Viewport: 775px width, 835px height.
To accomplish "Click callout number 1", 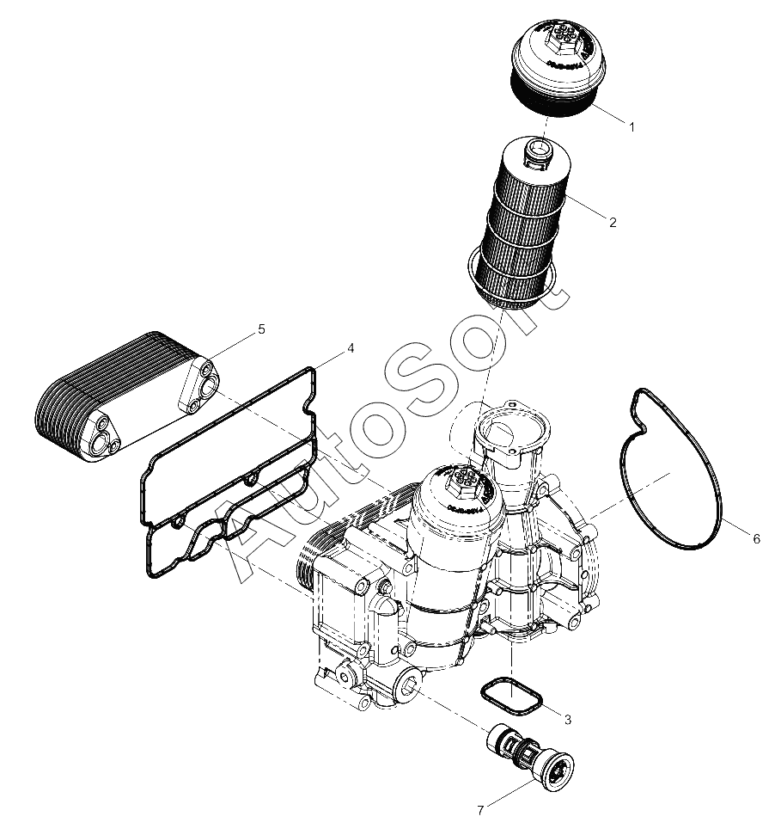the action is pyautogui.click(x=632, y=127).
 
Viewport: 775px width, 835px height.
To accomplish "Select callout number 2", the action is pyautogui.click(x=613, y=223).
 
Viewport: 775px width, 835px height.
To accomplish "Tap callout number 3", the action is pyautogui.click(x=568, y=720).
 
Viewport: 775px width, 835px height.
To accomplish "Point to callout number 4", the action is pyautogui.click(x=351, y=348).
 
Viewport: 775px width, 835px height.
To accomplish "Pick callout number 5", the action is pyautogui.click(x=261, y=329).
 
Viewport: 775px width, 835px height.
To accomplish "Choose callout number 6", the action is pyautogui.click(x=756, y=539).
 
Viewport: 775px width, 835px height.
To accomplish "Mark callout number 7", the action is pyautogui.click(x=481, y=811).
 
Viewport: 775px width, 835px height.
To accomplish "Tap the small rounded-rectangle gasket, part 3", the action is pyautogui.click(x=511, y=696).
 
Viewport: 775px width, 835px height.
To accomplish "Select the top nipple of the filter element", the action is pyautogui.click(x=539, y=153).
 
